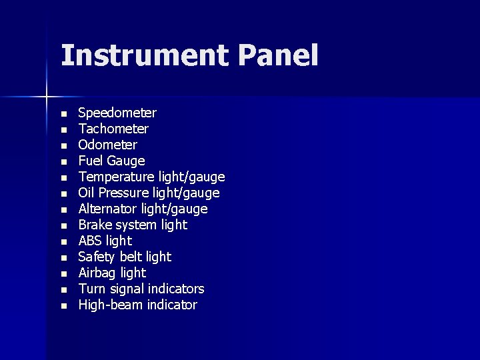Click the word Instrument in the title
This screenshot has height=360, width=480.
pos(145,56)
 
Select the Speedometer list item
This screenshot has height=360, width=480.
pos(117,113)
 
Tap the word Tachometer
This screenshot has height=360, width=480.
pos(113,129)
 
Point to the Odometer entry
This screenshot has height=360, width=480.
pos(107,145)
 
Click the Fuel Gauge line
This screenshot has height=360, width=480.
pos(111,161)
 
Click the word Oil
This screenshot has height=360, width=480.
pos(87,193)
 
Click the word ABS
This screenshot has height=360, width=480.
pos(91,241)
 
